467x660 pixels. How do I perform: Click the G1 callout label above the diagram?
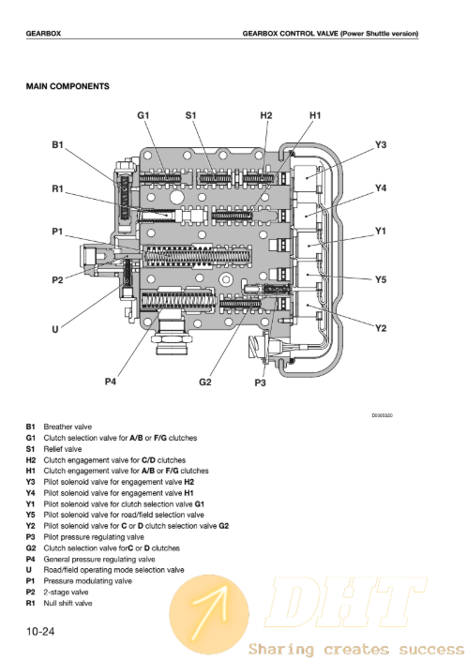(x=143, y=115)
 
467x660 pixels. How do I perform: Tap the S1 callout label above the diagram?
(x=190, y=115)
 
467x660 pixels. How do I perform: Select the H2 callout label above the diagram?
(x=266, y=115)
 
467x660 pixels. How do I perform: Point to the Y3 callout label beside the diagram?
(x=381, y=144)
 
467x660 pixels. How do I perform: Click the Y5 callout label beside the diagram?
(x=381, y=279)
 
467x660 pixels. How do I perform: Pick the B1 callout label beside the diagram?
(x=58, y=144)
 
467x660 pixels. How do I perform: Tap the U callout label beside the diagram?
(x=55, y=329)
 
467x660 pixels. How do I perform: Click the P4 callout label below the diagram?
(x=111, y=382)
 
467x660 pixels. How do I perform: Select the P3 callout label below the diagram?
(x=261, y=382)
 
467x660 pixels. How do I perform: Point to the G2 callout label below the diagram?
(x=205, y=382)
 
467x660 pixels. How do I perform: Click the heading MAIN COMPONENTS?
(x=68, y=86)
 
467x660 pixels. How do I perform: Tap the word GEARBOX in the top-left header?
(x=43, y=34)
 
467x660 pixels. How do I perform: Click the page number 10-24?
(x=40, y=631)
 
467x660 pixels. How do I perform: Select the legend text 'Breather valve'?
(x=68, y=427)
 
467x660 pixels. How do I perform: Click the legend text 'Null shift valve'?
(x=68, y=603)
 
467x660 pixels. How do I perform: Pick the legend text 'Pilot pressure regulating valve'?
(x=94, y=537)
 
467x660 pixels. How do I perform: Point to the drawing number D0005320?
(x=382, y=415)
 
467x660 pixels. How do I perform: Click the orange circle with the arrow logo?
(x=209, y=615)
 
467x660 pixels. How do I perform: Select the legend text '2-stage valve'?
(x=67, y=592)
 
